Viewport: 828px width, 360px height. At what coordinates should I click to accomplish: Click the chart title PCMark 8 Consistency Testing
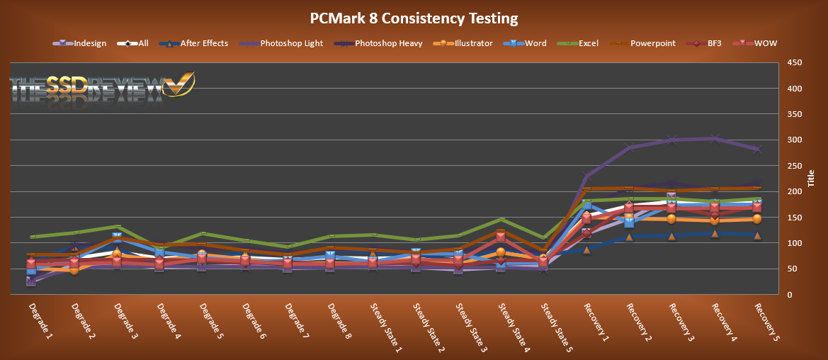414,18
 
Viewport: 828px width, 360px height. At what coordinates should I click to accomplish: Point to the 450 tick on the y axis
794,63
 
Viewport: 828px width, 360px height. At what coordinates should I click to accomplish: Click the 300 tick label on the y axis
794,140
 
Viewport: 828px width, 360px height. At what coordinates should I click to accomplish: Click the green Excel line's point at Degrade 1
32,237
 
